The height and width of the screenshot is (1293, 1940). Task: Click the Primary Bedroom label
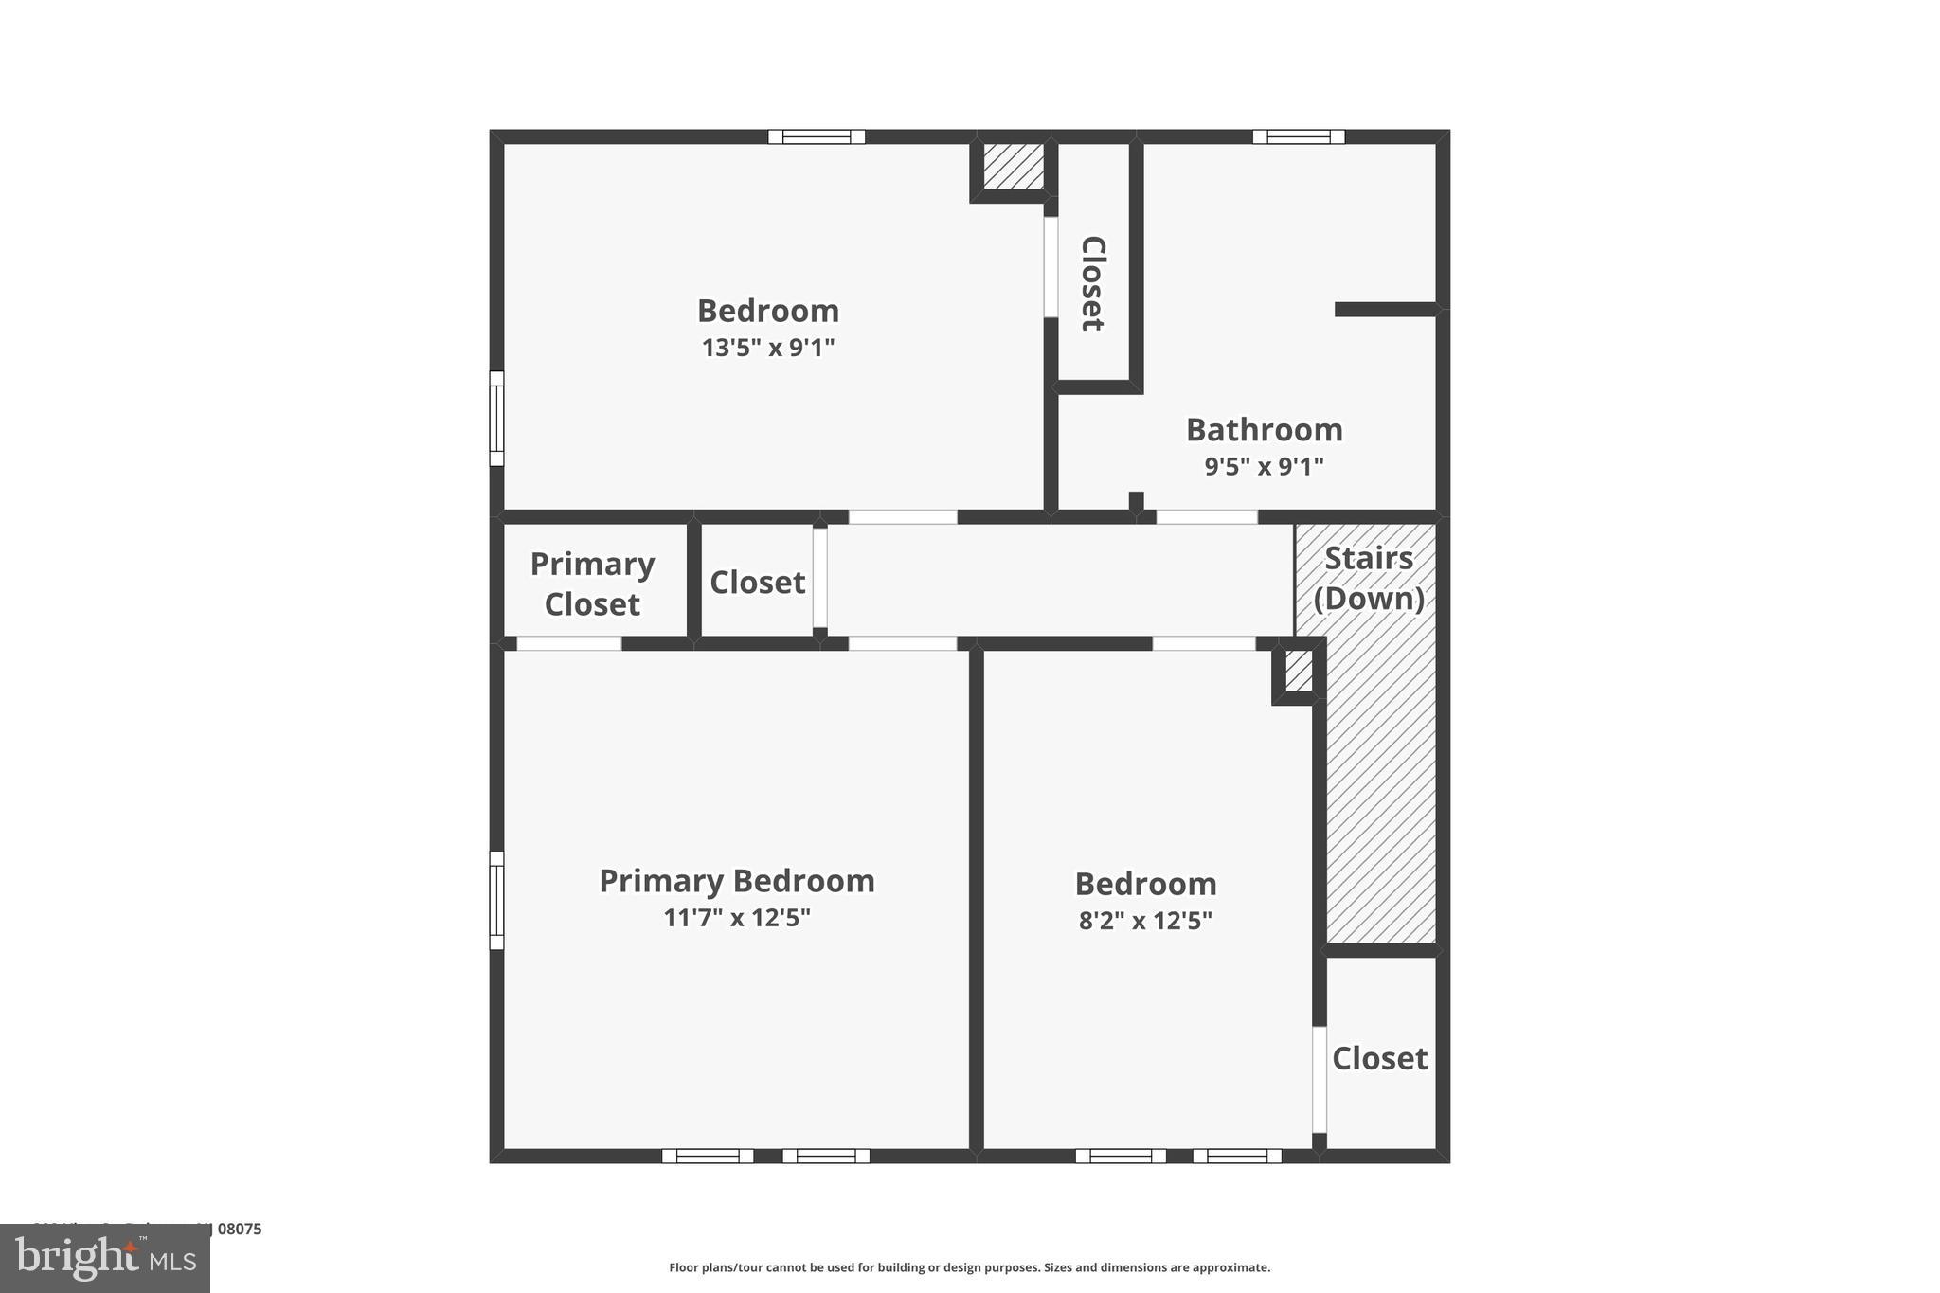(x=737, y=881)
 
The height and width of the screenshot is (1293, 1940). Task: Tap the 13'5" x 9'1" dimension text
(x=768, y=348)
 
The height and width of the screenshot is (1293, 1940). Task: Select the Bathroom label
(x=1265, y=430)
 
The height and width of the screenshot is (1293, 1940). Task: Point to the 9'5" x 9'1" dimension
(x=1265, y=467)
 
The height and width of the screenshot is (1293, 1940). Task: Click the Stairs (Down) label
(x=1369, y=578)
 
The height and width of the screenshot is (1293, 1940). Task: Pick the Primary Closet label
(x=592, y=584)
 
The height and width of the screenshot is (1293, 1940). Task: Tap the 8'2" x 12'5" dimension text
(x=1145, y=921)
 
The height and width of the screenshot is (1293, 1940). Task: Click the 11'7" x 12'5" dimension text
(x=737, y=918)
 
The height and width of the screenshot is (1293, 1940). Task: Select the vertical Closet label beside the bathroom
(x=1093, y=283)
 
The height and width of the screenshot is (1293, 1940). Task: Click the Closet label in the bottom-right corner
(x=1379, y=1058)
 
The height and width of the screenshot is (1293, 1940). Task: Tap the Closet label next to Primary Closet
(x=757, y=582)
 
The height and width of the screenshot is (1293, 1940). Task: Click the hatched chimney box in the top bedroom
(x=1013, y=166)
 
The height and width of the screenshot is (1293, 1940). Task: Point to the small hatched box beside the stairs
(x=1299, y=672)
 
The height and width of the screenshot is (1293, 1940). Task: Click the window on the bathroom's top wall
(x=1298, y=136)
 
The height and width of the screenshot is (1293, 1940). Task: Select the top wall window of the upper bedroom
(x=817, y=136)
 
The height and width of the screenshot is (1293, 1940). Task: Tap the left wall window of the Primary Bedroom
(x=496, y=900)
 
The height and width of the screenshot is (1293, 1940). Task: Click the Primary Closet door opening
(x=568, y=644)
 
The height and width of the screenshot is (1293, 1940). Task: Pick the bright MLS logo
(x=105, y=1258)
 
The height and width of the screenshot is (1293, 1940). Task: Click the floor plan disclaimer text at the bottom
(x=969, y=1267)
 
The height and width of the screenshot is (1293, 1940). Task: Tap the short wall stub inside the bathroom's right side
(x=1385, y=310)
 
